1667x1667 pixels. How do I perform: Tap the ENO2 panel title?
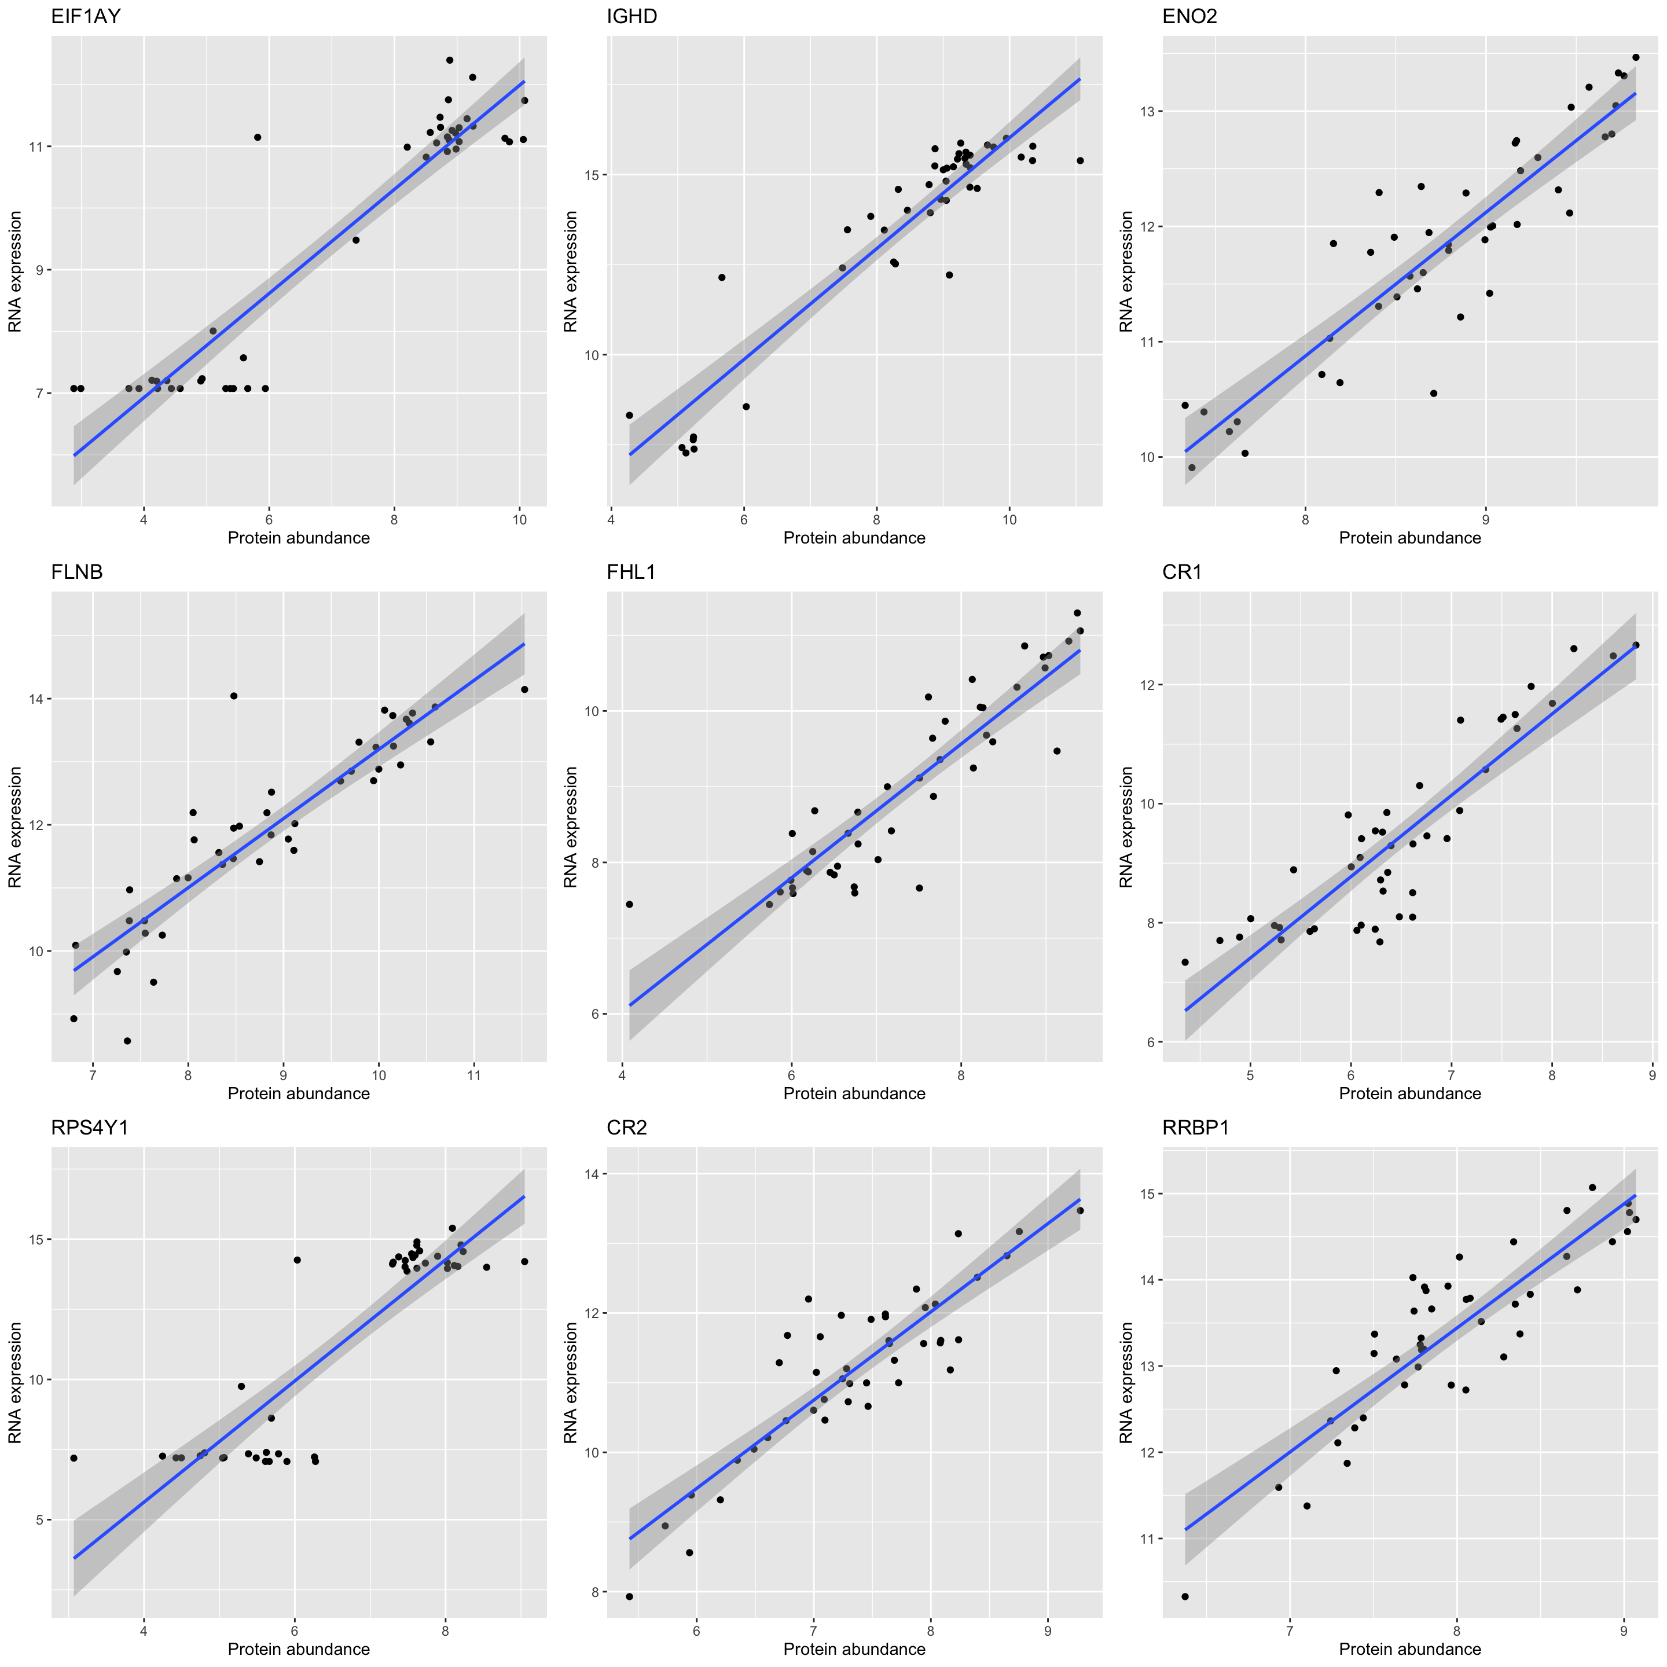(x=1190, y=16)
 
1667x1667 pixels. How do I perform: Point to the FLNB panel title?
(x=77, y=572)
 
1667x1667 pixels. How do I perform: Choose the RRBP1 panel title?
(x=1196, y=1128)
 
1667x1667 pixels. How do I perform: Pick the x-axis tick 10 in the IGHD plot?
(x=1009, y=519)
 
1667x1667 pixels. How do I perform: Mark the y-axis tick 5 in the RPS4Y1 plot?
(x=39, y=1519)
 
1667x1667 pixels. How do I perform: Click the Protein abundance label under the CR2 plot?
(x=854, y=1649)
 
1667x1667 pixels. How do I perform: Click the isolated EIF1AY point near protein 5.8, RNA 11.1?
(x=257, y=137)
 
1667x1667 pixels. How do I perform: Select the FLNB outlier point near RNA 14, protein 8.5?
(x=233, y=695)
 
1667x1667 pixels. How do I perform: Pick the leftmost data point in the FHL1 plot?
(x=629, y=904)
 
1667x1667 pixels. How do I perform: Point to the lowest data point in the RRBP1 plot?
(x=1185, y=1596)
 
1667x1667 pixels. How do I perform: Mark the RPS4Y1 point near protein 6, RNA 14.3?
(x=297, y=1260)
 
